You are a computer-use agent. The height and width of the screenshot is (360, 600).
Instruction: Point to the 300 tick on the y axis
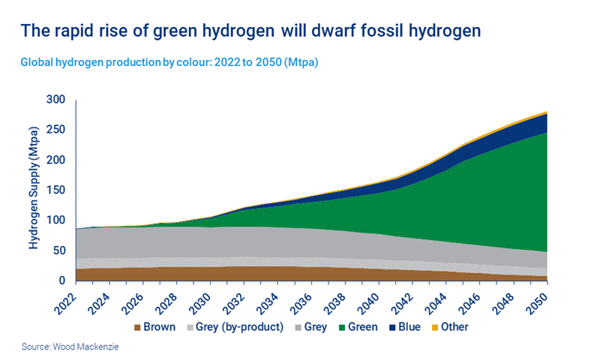pos(56,100)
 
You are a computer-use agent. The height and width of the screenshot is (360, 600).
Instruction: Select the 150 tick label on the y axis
pos(56,190)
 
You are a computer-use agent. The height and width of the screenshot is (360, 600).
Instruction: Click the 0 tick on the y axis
pos(63,280)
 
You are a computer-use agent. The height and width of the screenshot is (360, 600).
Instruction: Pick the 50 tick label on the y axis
pos(59,250)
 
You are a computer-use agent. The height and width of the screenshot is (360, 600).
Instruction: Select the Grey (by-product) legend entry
pos(233,327)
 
